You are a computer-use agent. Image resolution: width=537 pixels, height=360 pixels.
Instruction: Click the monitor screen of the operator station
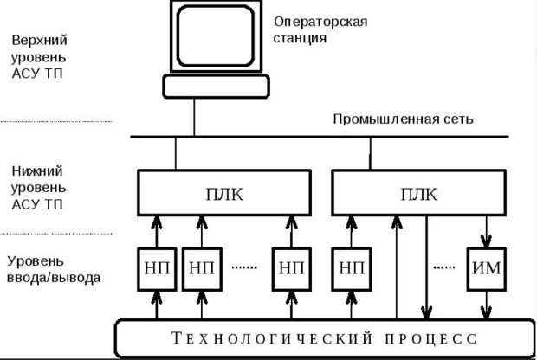(x=216, y=36)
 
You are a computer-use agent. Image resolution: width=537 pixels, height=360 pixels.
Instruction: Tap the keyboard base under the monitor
(x=216, y=87)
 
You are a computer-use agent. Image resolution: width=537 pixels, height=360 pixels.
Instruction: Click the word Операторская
(x=320, y=22)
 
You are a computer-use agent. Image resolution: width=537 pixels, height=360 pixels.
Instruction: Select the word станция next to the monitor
(x=300, y=38)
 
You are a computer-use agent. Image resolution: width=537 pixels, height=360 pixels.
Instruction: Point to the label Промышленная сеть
(x=403, y=119)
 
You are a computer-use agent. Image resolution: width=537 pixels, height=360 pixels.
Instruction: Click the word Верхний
(x=39, y=41)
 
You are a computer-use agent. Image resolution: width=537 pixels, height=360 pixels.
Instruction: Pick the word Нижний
(x=37, y=170)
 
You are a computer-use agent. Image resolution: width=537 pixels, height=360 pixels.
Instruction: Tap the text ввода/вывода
(x=54, y=278)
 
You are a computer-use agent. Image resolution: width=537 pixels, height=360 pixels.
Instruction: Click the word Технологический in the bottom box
(x=272, y=338)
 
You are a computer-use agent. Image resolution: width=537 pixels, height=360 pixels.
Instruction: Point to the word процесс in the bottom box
(x=430, y=338)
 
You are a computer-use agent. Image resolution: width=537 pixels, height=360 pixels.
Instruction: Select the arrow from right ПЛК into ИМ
(x=486, y=232)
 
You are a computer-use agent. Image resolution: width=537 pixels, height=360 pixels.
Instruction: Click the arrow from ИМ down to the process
(x=486, y=305)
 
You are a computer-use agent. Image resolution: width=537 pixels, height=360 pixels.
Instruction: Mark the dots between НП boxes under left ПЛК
(x=244, y=267)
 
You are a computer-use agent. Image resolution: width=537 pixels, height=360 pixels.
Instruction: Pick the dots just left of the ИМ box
(x=444, y=267)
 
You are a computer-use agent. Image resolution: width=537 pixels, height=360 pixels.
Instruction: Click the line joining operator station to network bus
(x=194, y=118)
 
